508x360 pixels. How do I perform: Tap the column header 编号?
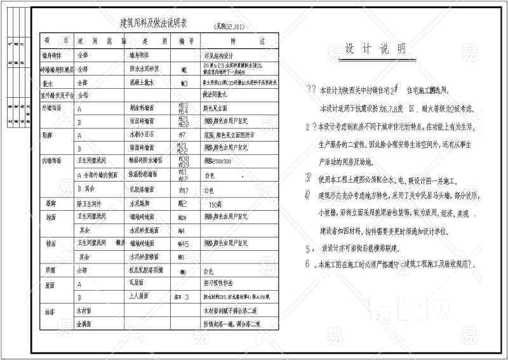pos(185,40)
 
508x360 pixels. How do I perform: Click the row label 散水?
pos(48,83)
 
